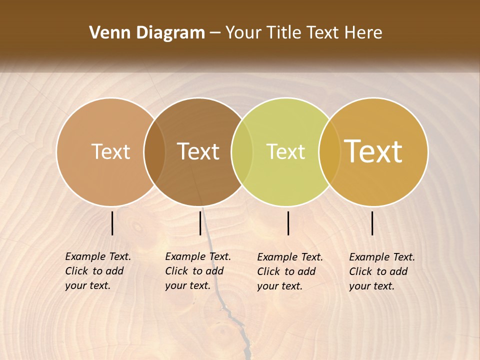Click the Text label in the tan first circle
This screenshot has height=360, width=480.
pos(110,151)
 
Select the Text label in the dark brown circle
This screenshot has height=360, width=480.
pos(198,151)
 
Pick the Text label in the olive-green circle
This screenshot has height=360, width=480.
pos(285,151)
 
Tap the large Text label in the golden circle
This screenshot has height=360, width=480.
pos(373,151)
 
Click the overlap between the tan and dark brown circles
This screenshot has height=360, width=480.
pos(154,151)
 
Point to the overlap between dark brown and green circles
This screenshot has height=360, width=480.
pos(242,151)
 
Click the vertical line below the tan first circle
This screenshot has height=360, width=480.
pos(112,223)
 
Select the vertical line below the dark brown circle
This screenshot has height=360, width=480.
pos(200,223)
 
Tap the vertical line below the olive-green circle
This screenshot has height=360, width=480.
pos(288,223)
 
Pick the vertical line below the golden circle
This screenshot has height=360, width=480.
pos(372,223)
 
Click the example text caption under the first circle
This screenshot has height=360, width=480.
pos(97,271)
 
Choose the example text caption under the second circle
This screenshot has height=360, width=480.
pos(197,271)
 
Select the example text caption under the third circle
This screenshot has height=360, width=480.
pos(289,271)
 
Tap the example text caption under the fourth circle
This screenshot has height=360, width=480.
pos(381,271)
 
